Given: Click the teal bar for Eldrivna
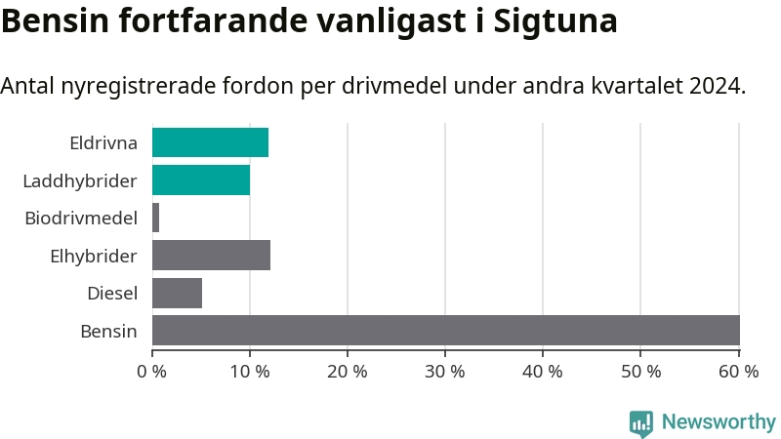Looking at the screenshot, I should point(210,142).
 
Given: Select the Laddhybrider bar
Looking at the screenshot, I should point(201,180).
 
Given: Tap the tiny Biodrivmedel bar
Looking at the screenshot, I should point(155,218).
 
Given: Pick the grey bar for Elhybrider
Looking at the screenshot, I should point(211,256).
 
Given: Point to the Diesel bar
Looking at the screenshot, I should point(177,293).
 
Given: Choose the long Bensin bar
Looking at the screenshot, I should point(445,331).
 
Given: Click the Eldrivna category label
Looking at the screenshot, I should point(103,143).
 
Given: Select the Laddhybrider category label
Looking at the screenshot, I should point(79,180).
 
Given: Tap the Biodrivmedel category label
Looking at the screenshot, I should point(81,218).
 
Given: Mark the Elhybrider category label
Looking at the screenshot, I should point(94,256).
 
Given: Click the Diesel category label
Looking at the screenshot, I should point(112,293).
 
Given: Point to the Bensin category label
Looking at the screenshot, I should point(108,331).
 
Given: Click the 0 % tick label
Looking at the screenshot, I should point(152,371).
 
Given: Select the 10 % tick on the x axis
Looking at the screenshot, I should point(250,371).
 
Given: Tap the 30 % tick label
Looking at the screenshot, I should point(445,371).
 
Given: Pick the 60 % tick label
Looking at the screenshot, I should point(738,371).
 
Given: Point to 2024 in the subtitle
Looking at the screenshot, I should point(716,86).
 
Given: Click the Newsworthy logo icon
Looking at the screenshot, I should point(641,422).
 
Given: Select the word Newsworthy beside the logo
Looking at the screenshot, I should point(719,422).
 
